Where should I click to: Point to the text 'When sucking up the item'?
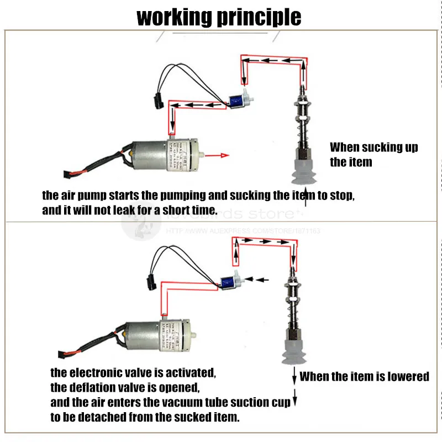[373, 154]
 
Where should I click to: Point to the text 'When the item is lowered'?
[364, 377]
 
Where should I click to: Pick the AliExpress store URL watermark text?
[243, 231]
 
